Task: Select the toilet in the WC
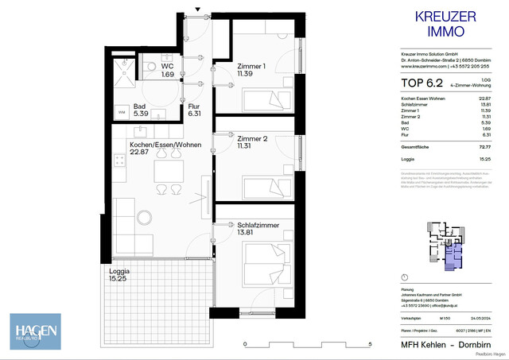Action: pos(149,65)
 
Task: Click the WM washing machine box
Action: pos(122,114)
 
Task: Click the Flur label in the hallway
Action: pos(194,110)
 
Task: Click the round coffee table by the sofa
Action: pos(145,215)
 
